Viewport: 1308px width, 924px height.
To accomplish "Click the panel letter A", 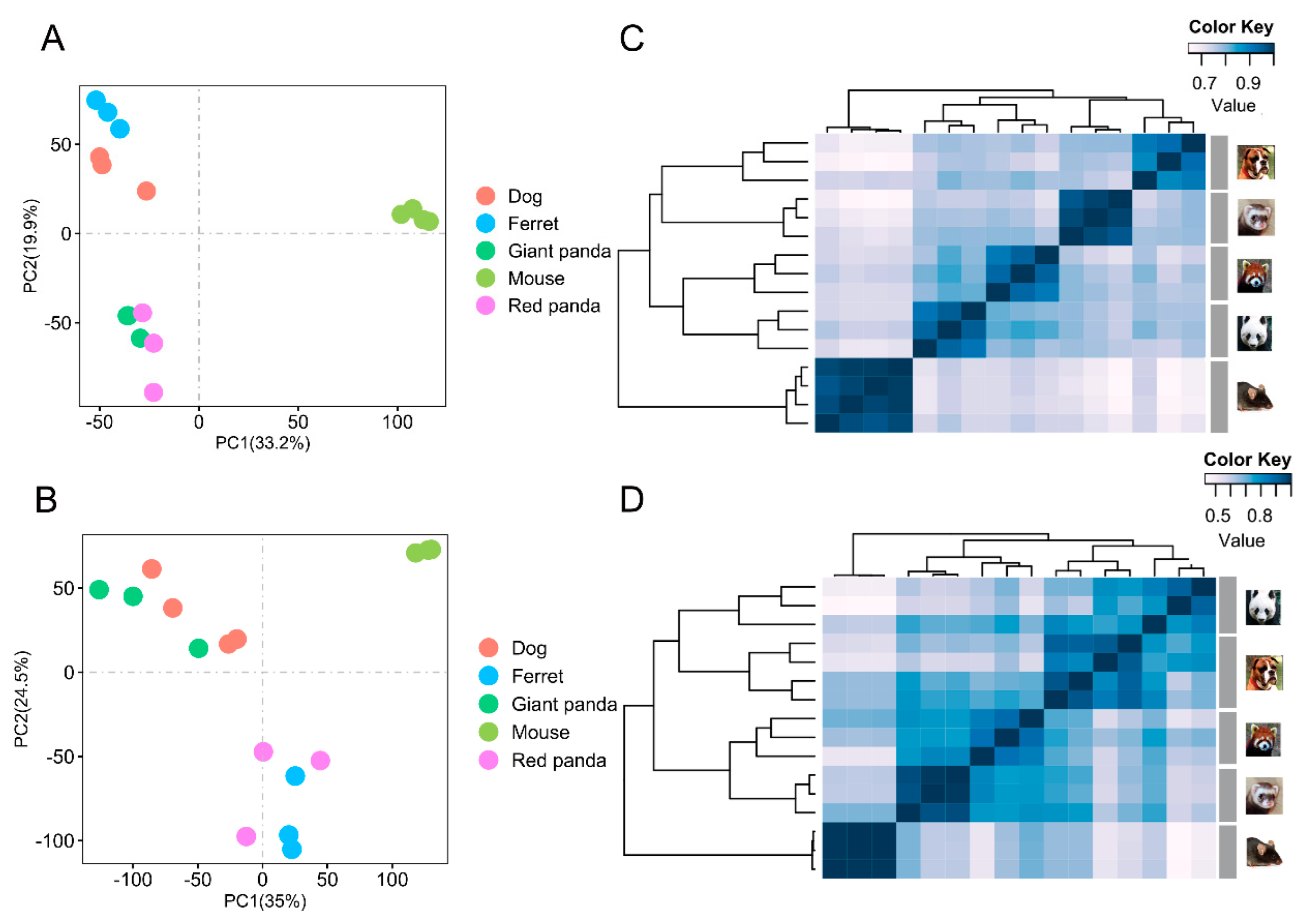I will (53, 39).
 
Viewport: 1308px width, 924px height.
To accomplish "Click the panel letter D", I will (631, 500).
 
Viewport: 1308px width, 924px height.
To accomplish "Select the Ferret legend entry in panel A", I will (532, 224).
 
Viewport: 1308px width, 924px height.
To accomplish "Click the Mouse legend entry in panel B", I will (539, 732).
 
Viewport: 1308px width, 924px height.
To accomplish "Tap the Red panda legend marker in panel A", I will (485, 305).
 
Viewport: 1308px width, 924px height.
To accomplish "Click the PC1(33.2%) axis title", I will (263, 443).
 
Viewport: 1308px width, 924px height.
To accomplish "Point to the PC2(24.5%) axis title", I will (21, 699).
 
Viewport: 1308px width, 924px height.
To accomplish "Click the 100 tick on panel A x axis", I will (397, 422).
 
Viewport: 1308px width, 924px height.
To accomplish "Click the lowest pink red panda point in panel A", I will (153, 392).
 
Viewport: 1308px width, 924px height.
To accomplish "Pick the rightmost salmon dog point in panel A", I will (146, 191).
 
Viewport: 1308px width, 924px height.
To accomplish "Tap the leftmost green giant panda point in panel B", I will (99, 590).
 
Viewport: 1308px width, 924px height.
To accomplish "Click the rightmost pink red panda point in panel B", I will (320, 761).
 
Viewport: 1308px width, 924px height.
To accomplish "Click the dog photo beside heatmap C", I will (1255, 162).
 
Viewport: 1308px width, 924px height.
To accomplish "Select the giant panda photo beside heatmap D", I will (1263, 607).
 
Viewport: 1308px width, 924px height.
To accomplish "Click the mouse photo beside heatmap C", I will (1255, 397).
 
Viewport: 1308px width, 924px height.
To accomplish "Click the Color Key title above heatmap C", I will (1230, 27).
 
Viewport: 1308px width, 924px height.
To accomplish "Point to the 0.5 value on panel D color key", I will (1218, 516).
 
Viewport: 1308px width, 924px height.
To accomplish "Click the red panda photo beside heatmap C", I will (1255, 276).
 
